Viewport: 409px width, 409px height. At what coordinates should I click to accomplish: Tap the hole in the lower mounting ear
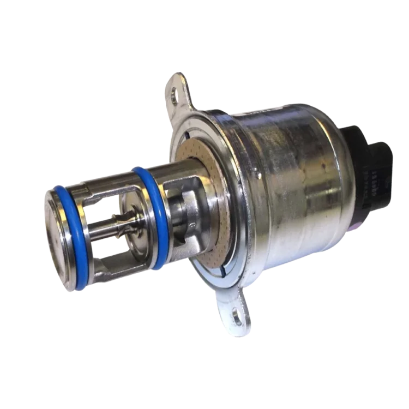click(x=237, y=315)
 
